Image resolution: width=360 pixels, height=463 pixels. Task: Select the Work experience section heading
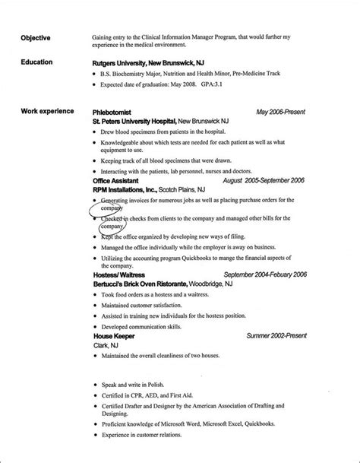coord(46,112)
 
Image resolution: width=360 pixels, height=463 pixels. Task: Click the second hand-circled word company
coord(112,226)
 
